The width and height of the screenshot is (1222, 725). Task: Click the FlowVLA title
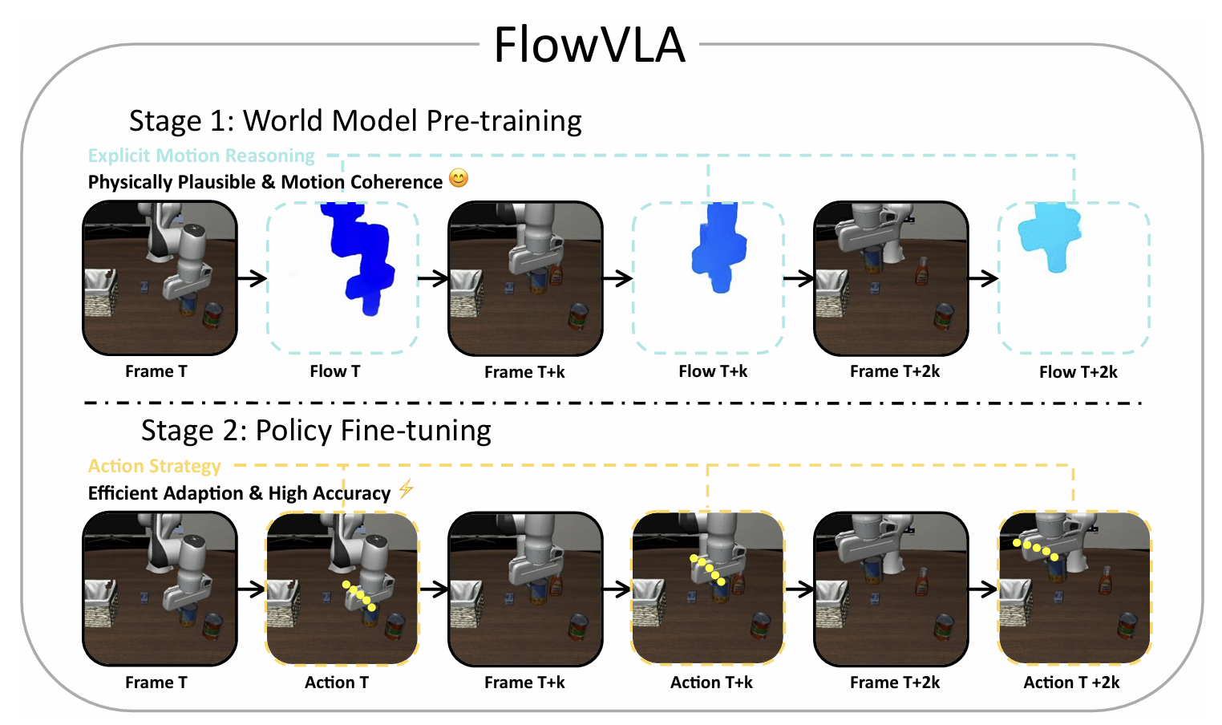[x=589, y=45]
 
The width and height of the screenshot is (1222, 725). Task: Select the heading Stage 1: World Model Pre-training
[x=355, y=120]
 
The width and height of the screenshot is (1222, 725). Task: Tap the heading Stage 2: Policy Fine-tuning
[x=316, y=431]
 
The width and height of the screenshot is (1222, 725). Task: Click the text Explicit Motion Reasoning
[x=201, y=156]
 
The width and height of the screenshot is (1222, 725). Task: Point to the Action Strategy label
[x=154, y=466]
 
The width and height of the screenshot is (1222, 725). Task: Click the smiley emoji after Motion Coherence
[x=459, y=178]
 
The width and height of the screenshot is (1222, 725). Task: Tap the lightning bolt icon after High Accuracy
[x=407, y=488]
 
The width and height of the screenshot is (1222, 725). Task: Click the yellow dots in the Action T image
[x=359, y=596]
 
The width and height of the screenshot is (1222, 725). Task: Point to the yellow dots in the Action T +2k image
[x=1035, y=549]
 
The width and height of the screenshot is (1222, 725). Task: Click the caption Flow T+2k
[x=1078, y=372]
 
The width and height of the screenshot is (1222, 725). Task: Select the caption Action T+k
[x=711, y=682]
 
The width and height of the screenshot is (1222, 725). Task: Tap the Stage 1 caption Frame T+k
[x=524, y=372]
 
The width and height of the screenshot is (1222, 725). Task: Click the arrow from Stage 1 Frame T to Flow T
[x=252, y=278]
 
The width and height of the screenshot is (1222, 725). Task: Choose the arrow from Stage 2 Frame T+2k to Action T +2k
[x=983, y=589]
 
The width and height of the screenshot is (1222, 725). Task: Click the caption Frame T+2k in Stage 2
[x=895, y=682]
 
